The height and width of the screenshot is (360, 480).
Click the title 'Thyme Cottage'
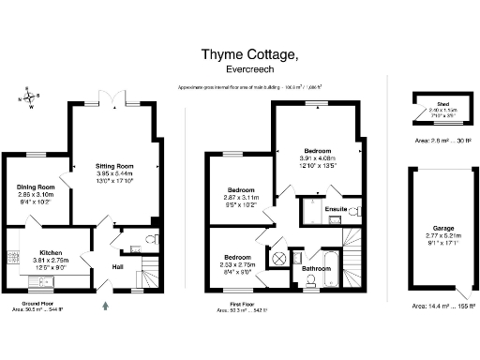(251, 55)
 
